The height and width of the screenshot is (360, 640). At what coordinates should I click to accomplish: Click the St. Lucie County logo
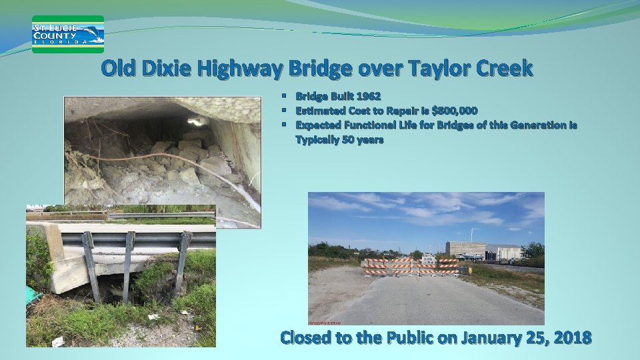pyautogui.click(x=68, y=34)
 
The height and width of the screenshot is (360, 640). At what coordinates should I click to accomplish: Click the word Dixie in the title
pyautogui.click(x=171, y=69)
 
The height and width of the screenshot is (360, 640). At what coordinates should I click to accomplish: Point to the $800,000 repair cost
pyautogui.click(x=454, y=111)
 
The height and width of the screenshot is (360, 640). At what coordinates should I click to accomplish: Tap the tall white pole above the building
pyautogui.click(x=472, y=234)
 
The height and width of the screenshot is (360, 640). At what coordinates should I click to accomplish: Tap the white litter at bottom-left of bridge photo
pyautogui.click(x=58, y=341)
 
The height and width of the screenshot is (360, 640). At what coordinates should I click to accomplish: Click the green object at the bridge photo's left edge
pyautogui.click(x=31, y=294)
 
